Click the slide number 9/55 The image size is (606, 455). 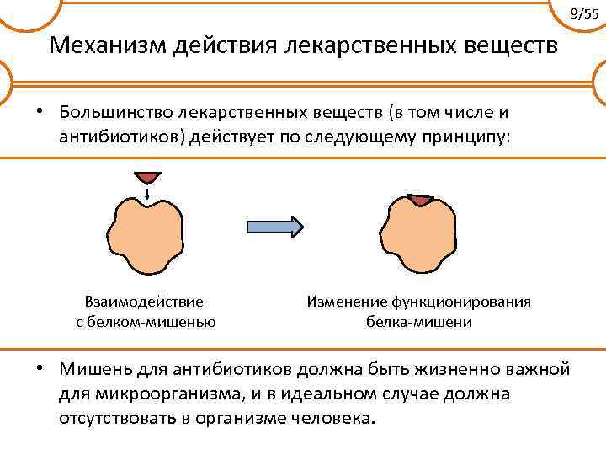[x=584, y=13]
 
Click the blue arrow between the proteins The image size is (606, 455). [x=274, y=227]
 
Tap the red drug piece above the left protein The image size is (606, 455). [x=148, y=177]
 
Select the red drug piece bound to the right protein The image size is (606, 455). [x=418, y=201]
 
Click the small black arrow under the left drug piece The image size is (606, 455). [x=148, y=195]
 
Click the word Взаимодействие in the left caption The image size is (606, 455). [x=144, y=302]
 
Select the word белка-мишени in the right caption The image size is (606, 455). [x=418, y=321]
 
